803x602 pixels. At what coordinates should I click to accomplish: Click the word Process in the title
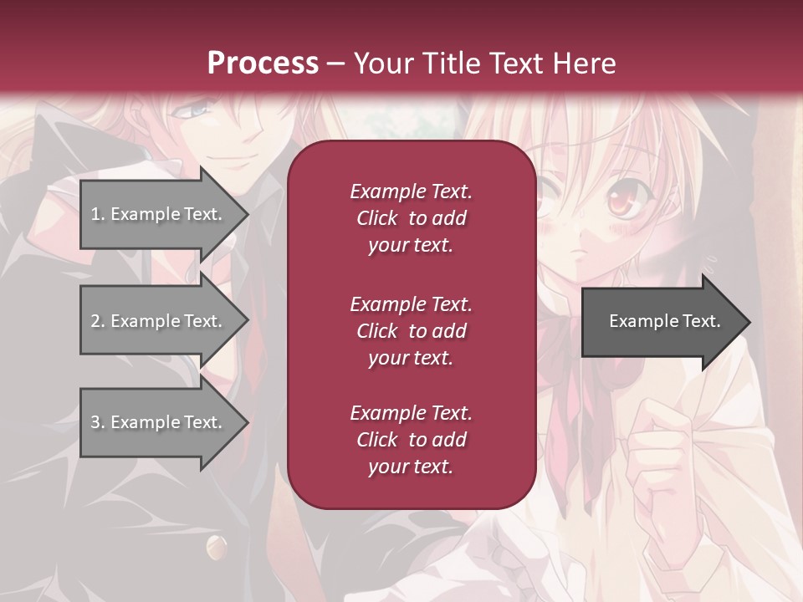coord(263,63)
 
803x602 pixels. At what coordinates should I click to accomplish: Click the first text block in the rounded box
coord(411,218)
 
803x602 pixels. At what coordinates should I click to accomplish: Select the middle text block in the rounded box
coord(411,330)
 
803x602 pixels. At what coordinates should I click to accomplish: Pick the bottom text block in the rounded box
coord(411,440)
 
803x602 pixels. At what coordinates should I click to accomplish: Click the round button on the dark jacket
coord(215,548)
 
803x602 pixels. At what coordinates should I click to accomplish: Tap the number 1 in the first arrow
coord(95,214)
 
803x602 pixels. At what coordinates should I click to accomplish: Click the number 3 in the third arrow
coord(95,422)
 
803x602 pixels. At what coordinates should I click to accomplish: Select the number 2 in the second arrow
coord(95,321)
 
